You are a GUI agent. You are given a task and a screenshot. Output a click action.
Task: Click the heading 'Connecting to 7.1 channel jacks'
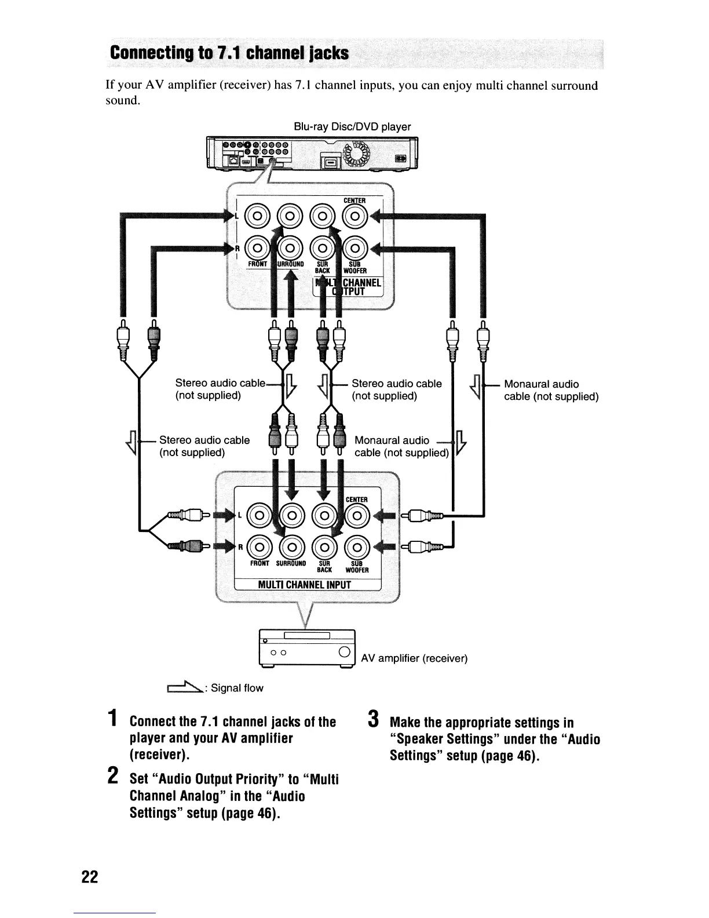229,54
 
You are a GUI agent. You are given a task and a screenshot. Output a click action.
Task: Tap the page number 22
90,876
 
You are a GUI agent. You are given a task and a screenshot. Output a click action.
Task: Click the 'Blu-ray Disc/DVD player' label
352,126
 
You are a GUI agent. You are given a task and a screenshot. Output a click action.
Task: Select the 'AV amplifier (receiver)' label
414,658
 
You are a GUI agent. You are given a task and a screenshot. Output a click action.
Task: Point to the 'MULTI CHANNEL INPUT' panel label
305,584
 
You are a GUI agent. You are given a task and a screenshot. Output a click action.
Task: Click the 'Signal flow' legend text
237,688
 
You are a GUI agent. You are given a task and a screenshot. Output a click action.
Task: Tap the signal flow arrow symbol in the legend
184,687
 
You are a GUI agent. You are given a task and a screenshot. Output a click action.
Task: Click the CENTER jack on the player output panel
356,218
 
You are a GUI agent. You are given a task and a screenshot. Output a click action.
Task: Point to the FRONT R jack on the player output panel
258,250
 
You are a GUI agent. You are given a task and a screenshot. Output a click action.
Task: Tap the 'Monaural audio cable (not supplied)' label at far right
551,390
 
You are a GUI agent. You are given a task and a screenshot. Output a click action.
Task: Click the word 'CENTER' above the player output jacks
355,201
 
